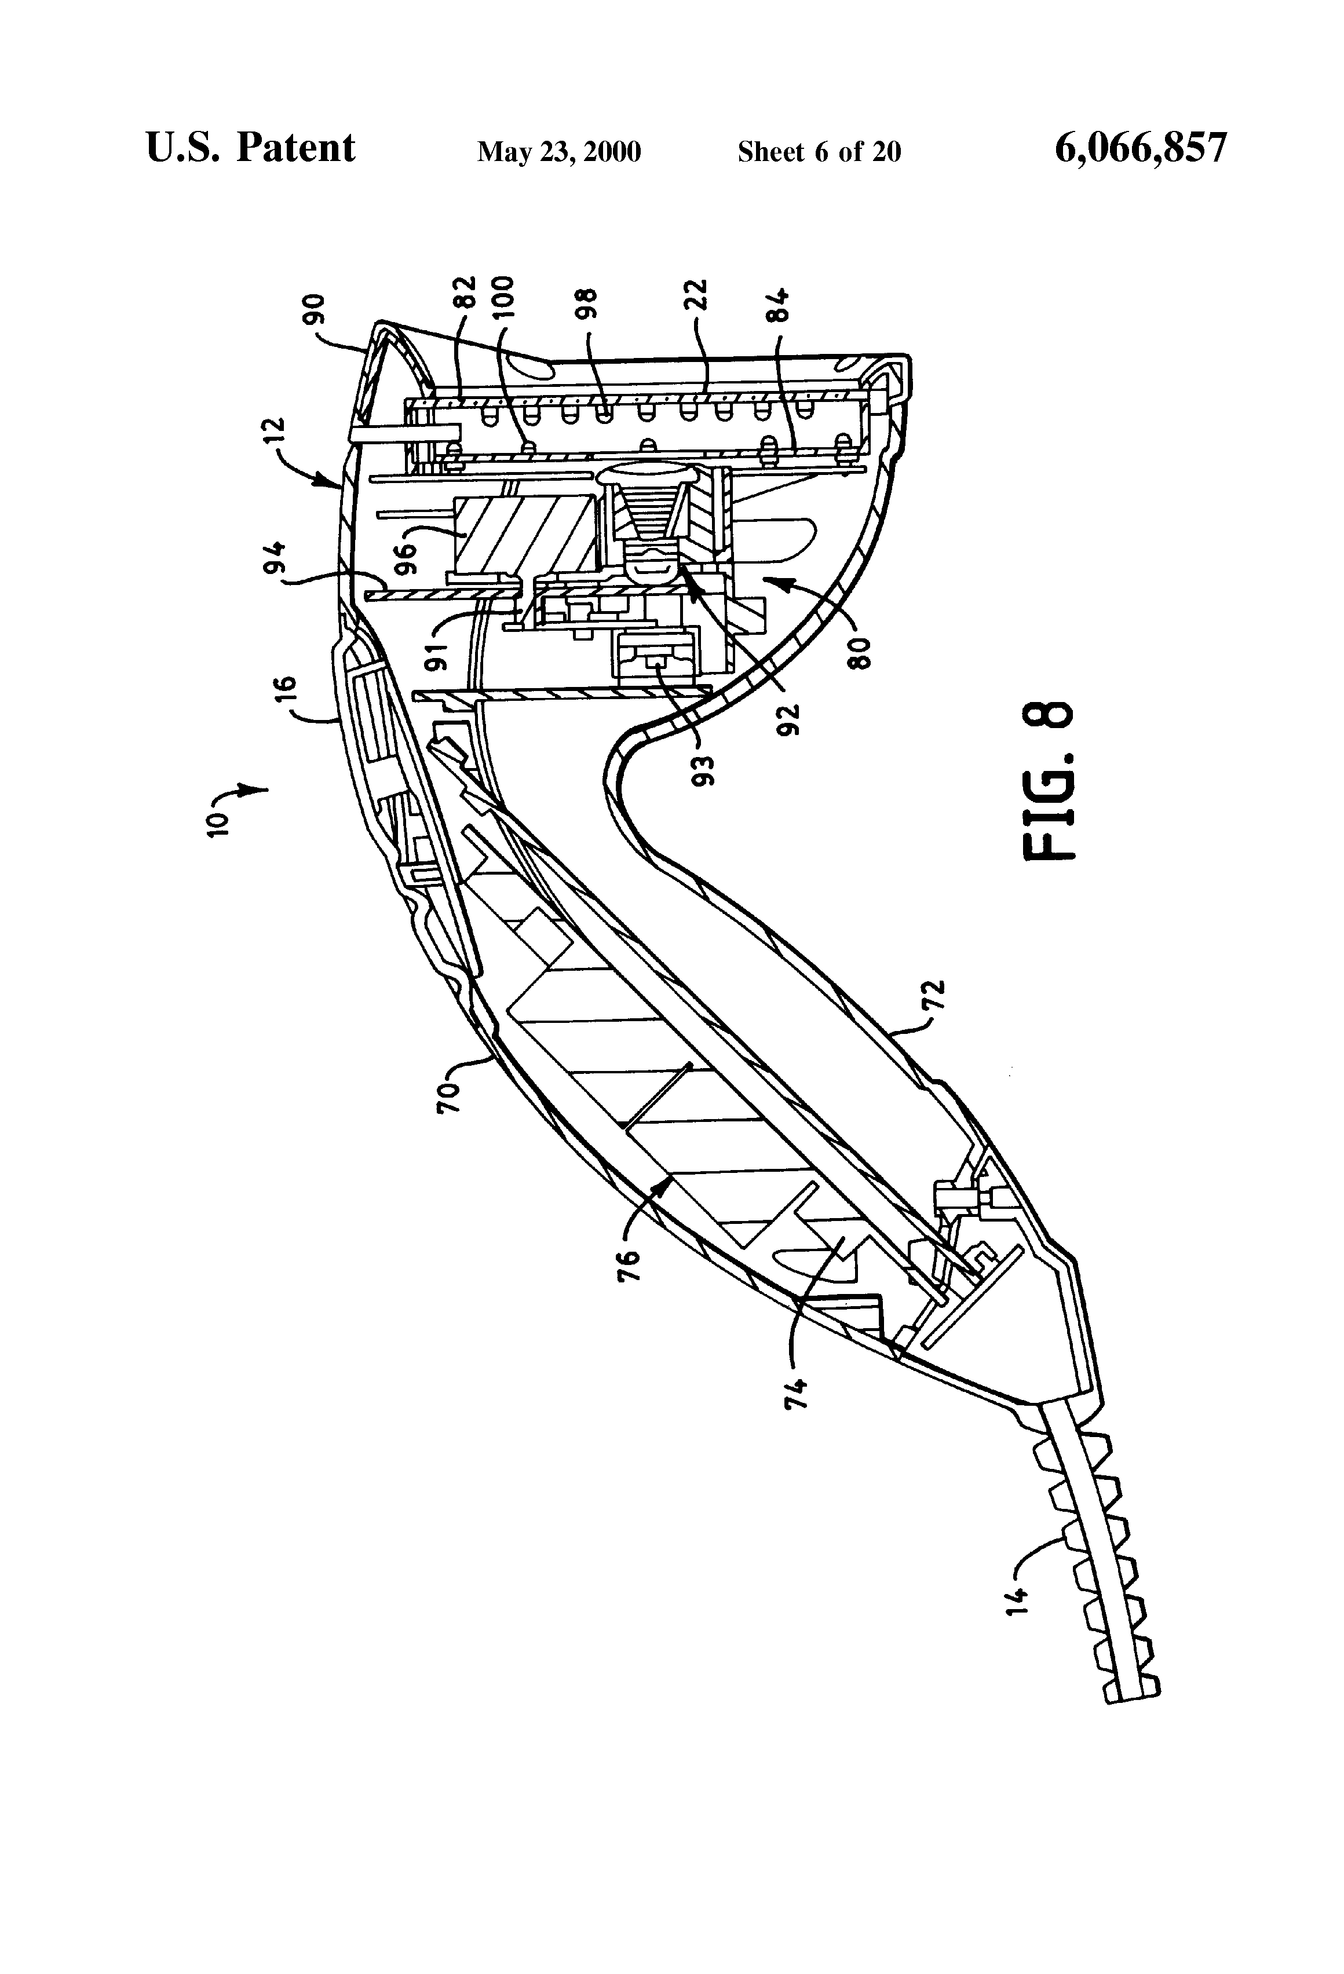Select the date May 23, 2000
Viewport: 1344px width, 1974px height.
pyautogui.click(x=559, y=152)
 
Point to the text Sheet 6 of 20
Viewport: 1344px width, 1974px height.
pyautogui.click(x=819, y=152)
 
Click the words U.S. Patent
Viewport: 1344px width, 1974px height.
pyautogui.click(x=251, y=148)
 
